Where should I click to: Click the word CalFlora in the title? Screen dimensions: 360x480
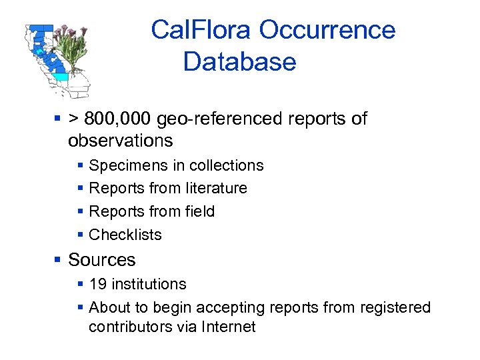[x=201, y=30]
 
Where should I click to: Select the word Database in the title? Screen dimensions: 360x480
[x=239, y=62]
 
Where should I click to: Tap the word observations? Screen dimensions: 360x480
[x=120, y=141]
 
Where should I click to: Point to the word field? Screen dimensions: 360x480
[x=199, y=211]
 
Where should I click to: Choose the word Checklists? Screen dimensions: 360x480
[x=125, y=235]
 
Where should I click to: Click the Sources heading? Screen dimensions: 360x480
[x=101, y=260]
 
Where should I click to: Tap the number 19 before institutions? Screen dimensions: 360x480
[x=97, y=284]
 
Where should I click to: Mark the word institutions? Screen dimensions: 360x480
[x=149, y=284]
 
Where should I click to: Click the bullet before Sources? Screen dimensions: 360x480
[x=59, y=260]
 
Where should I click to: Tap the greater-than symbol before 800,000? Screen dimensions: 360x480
[x=73, y=119]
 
